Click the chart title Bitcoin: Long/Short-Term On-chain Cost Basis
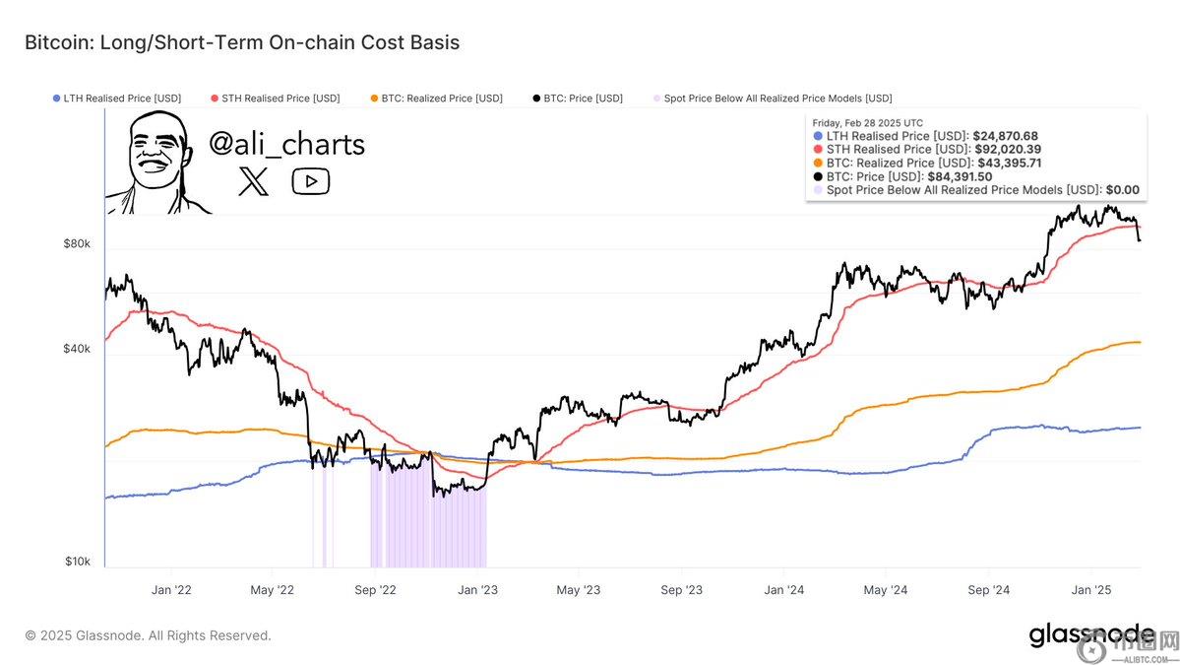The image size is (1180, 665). [x=242, y=42]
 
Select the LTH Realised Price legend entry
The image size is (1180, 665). [x=116, y=99]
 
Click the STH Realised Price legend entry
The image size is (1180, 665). [x=275, y=99]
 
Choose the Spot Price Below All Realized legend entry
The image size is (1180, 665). [x=773, y=99]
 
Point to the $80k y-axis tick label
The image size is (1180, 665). [x=78, y=243]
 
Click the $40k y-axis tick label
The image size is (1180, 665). [x=78, y=349]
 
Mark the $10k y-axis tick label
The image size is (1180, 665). [x=78, y=562]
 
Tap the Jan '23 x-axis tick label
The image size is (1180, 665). [x=477, y=590]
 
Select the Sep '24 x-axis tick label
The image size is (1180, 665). [x=988, y=590]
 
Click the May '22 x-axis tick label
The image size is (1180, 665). [x=273, y=590]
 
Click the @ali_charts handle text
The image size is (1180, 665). [x=286, y=145]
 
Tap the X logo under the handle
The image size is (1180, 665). [x=253, y=181]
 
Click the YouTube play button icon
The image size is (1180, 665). [x=311, y=181]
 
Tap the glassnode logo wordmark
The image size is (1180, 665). [x=1092, y=635]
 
